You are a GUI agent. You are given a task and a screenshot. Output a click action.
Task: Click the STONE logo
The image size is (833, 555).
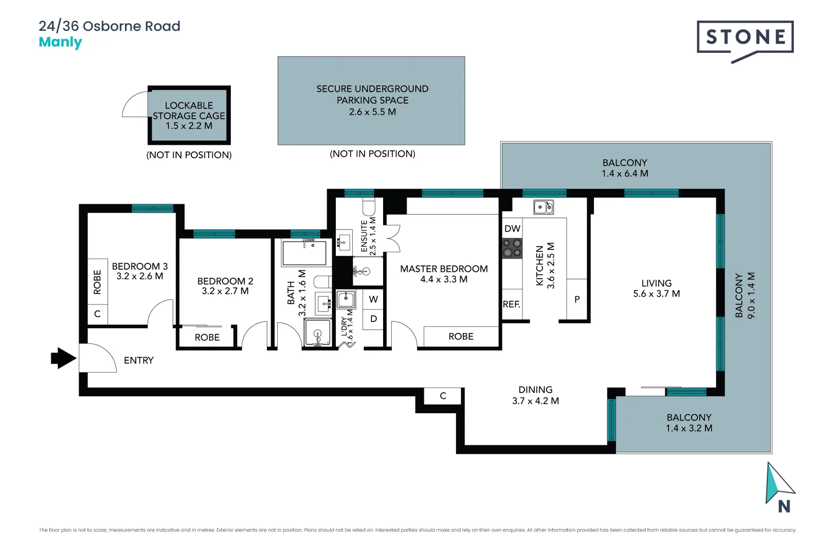[x=745, y=38]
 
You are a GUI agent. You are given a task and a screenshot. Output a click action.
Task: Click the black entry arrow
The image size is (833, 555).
[x=63, y=358]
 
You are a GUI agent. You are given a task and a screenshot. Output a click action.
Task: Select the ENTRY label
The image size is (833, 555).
[x=139, y=360]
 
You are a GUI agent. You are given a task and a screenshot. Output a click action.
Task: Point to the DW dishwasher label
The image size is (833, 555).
[x=512, y=229]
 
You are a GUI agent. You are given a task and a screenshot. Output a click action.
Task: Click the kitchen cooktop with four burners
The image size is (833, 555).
[x=512, y=248]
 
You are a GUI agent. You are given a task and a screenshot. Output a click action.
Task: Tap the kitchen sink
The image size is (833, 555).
[x=544, y=207]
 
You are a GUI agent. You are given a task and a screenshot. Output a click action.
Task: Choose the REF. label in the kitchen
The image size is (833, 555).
[x=512, y=304]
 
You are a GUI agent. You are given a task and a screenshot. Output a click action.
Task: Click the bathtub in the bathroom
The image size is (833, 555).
[x=304, y=253]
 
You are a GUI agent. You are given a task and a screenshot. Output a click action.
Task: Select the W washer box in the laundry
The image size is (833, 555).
[x=373, y=299]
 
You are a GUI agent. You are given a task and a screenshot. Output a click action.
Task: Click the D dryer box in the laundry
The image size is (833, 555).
[x=373, y=319]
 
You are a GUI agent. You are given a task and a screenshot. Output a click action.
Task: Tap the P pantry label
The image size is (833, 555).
[x=577, y=299]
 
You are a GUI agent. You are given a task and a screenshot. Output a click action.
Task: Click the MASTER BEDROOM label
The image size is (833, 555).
[x=444, y=269]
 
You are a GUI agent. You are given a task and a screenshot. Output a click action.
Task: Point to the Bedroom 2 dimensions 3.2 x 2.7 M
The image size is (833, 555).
[x=225, y=291]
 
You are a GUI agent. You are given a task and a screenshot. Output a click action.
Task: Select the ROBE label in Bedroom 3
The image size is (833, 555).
[x=97, y=282]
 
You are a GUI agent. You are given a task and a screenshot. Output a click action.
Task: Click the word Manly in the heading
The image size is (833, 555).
[x=60, y=42]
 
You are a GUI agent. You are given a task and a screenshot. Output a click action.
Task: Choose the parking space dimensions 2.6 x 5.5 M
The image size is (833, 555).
[x=372, y=112]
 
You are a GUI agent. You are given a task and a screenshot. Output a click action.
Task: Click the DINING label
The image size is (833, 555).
[x=535, y=390]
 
